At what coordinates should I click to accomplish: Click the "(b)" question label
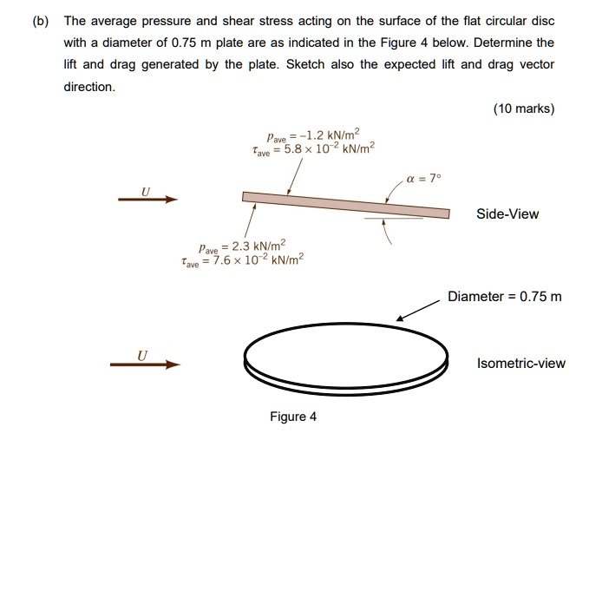(x=40, y=20)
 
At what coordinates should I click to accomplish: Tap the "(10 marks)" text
(x=523, y=108)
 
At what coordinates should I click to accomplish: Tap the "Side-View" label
(x=507, y=213)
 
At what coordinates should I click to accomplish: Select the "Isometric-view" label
(x=521, y=363)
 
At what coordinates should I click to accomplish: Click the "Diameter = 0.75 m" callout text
(x=504, y=297)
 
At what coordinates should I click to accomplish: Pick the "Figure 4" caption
(x=293, y=417)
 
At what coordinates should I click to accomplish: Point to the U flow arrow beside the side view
(x=147, y=200)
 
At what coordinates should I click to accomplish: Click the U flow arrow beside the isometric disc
(x=144, y=364)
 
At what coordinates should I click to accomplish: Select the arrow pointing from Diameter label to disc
(x=417, y=311)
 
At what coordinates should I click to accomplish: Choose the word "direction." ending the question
(x=89, y=88)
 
